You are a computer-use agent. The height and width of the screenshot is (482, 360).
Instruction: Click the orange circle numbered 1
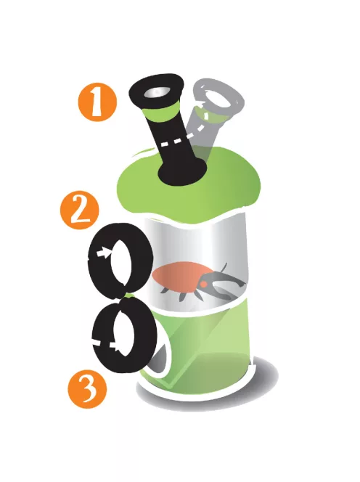click(x=98, y=102)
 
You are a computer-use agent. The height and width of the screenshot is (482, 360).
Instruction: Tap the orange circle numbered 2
click(x=80, y=209)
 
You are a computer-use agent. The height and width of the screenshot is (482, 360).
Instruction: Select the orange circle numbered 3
click(x=87, y=388)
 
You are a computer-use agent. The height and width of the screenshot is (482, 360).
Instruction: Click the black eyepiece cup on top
click(x=156, y=91)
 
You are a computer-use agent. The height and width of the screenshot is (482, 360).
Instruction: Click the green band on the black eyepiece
click(x=162, y=112)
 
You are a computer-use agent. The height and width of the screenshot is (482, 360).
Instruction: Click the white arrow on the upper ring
click(x=104, y=253)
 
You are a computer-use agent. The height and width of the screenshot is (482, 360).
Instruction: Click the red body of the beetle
click(x=180, y=274)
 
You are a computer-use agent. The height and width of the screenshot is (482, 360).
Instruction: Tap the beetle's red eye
click(x=203, y=285)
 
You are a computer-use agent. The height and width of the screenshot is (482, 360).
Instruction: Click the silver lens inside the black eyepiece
click(x=157, y=92)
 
